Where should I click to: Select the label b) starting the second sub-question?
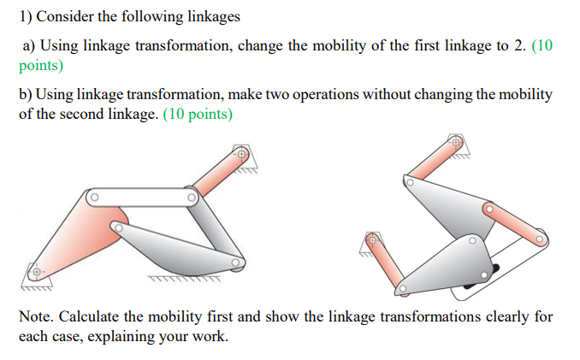(27, 94)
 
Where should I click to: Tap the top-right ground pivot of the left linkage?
(242, 155)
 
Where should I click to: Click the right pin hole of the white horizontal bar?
(193, 198)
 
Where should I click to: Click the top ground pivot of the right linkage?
(457, 142)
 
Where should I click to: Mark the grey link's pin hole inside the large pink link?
(117, 228)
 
